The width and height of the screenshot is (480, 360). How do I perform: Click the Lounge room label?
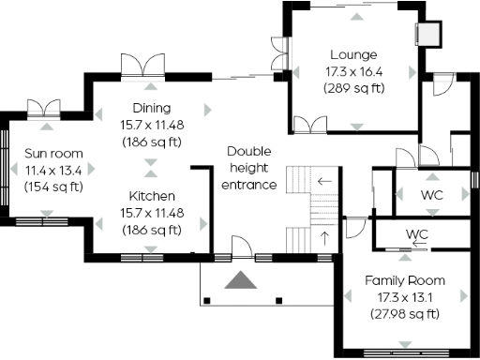coord(352,54)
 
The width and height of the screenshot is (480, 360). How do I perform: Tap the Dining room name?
coord(151,108)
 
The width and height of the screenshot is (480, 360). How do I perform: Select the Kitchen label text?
coord(151,196)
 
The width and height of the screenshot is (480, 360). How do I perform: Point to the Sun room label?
coord(52,154)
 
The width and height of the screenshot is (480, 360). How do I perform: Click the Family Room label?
coord(405,280)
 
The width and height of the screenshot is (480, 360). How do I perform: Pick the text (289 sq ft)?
coord(352,88)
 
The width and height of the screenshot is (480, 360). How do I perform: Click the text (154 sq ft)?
coord(52,187)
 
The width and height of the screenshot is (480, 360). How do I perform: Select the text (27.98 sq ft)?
coord(405,314)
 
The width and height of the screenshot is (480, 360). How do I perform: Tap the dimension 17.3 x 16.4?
coord(352,71)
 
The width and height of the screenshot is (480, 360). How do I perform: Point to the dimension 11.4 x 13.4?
coord(52,170)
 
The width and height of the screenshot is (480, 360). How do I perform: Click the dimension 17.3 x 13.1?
coord(405,297)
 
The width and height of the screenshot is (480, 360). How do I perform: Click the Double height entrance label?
coord(248,168)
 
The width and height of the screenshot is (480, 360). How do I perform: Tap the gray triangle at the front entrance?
coord(241,280)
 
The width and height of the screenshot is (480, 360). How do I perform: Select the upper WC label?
coord(432,195)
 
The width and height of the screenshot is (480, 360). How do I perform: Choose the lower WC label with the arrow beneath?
coord(417,232)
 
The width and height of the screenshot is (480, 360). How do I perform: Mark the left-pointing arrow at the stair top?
coord(324,181)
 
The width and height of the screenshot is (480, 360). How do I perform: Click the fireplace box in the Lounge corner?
coord(427,33)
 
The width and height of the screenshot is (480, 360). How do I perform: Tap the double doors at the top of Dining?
coord(142,67)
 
